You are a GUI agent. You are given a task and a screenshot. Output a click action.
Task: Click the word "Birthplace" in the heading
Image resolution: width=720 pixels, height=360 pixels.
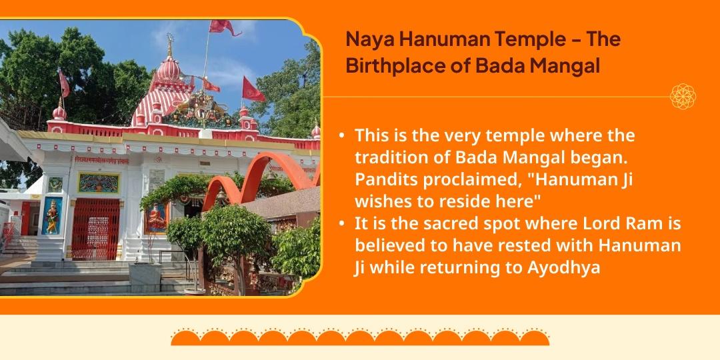point(385,67)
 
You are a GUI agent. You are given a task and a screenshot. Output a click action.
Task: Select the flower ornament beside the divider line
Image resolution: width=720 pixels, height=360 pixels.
point(683,97)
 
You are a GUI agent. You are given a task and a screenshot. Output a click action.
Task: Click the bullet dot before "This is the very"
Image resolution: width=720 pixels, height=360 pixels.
point(341,136)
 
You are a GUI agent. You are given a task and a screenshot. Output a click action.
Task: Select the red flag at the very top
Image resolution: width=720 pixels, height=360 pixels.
point(225,27)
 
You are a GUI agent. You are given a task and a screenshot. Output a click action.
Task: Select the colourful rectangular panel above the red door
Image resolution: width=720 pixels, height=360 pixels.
point(99,182)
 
